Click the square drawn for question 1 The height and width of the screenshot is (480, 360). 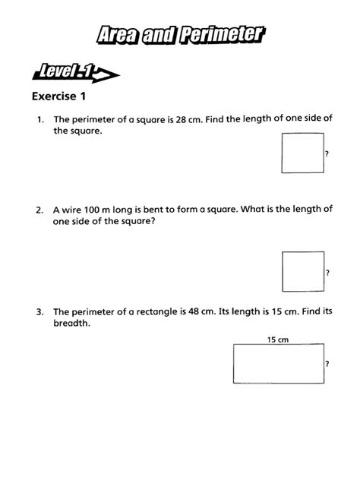coord(302,153)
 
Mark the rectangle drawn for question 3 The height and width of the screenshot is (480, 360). coord(279,365)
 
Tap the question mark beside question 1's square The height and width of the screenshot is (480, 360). coord(327,154)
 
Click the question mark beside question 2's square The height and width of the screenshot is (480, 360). coord(327,273)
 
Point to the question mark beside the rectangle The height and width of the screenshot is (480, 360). coord(327,365)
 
